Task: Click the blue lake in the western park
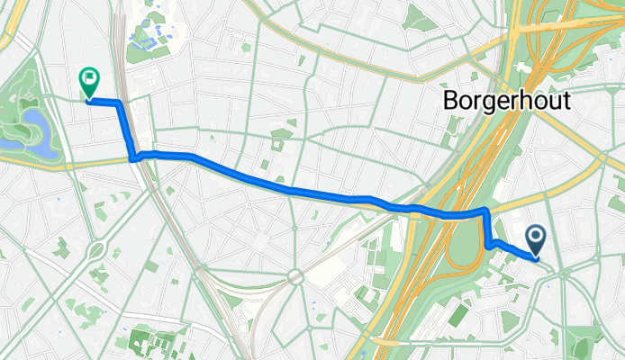(x=33, y=126)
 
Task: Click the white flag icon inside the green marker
(x=90, y=78)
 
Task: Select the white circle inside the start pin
(x=536, y=237)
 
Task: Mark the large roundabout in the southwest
(x=98, y=247)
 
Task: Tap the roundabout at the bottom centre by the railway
(x=294, y=276)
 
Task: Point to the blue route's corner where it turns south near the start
(x=486, y=211)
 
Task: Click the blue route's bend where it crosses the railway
(x=135, y=157)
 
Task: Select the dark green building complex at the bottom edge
(x=149, y=343)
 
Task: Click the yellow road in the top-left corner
(x=11, y=27)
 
